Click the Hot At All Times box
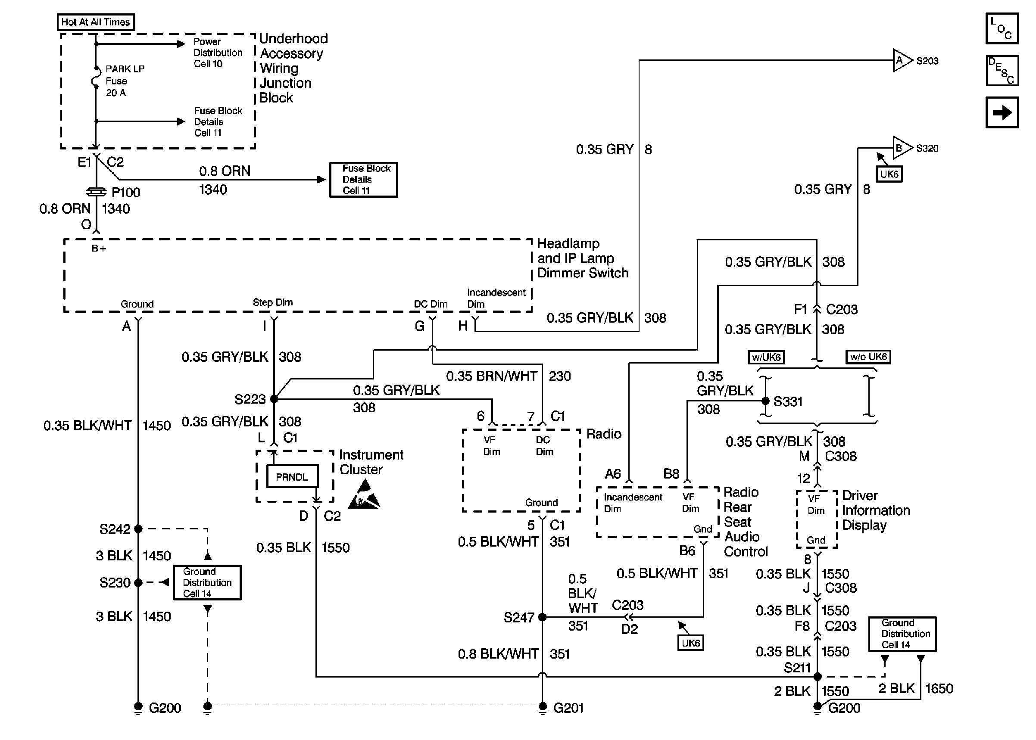(x=96, y=22)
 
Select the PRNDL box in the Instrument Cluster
(x=292, y=477)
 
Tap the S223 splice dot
(x=274, y=399)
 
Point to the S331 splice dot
(x=766, y=401)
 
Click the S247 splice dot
(x=543, y=617)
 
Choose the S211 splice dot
(x=818, y=677)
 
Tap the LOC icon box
(x=1002, y=28)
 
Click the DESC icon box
(x=1002, y=71)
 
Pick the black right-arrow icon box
(x=1002, y=112)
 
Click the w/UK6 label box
(x=767, y=357)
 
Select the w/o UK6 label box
(x=868, y=357)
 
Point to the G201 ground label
(x=568, y=708)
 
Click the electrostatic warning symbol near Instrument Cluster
(x=365, y=496)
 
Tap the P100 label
(x=126, y=192)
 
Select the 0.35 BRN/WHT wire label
(x=491, y=376)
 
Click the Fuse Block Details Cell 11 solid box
(x=364, y=180)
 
